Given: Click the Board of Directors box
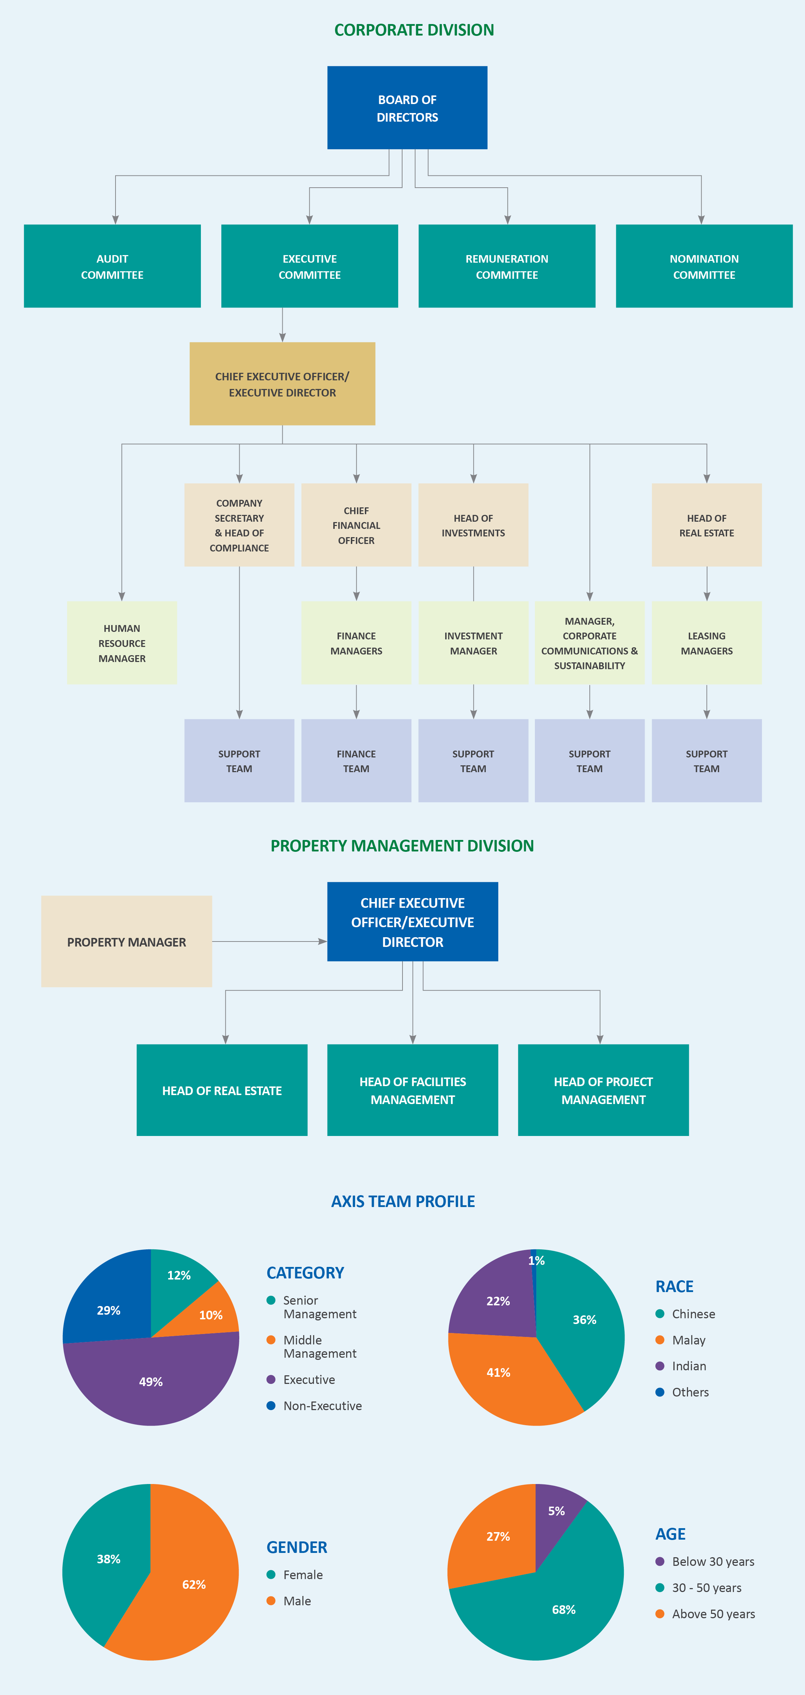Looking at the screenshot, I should [x=407, y=108].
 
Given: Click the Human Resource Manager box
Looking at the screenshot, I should [x=122, y=643].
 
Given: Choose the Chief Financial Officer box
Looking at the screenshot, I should [x=356, y=525].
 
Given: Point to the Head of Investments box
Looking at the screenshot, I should [x=473, y=525].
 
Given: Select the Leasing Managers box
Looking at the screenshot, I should [x=706, y=643].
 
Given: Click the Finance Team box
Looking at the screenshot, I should [x=356, y=761].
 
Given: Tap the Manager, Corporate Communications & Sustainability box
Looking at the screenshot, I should [x=589, y=643].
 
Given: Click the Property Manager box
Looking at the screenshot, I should [x=126, y=942].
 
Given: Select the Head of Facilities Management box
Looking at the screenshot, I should [x=413, y=1090].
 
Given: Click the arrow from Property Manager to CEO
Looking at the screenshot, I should [x=270, y=942].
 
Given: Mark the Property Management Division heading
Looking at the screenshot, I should [x=402, y=846].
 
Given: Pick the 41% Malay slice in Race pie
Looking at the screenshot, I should [x=500, y=1372].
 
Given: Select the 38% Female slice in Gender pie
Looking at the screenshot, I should [x=105, y=1559].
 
